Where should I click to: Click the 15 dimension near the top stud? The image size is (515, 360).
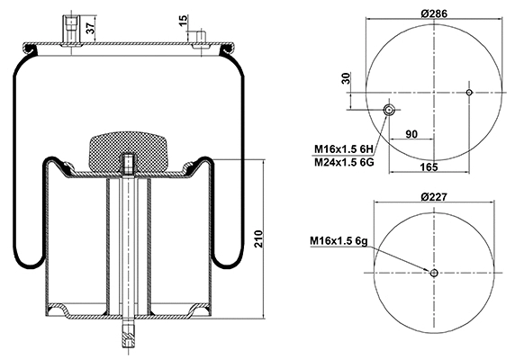click(183, 20)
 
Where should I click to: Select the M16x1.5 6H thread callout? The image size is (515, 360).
click(343, 148)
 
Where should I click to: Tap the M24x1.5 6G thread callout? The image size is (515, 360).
click(343, 162)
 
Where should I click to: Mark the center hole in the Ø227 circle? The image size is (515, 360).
click(433, 274)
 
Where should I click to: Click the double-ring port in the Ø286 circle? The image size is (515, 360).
click(389, 110)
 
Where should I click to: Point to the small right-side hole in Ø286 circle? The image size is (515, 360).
click(471, 91)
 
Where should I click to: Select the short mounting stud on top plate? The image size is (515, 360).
click(200, 37)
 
